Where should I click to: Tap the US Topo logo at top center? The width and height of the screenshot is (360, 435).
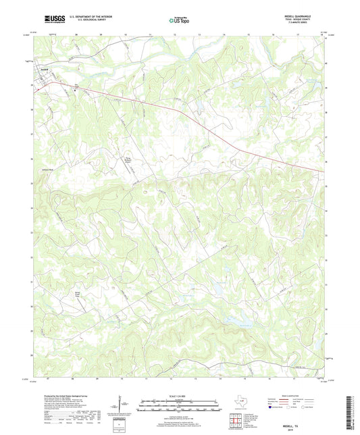[x=177, y=20]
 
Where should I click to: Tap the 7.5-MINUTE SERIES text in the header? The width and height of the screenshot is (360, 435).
[x=304, y=25]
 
